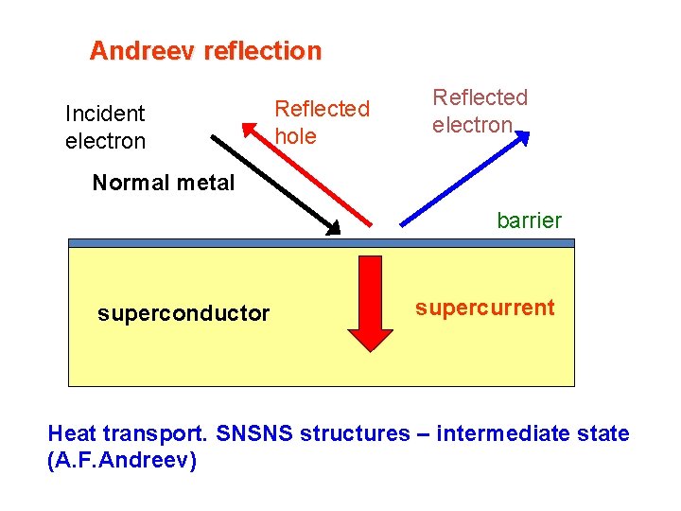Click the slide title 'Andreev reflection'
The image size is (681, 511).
205,51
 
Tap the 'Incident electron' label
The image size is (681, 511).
105,128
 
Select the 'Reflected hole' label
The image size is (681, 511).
322,123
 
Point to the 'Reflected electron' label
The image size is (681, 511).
480,112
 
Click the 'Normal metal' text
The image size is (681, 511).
164,183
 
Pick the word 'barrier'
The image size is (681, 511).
529,220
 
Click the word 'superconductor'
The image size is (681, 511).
183,313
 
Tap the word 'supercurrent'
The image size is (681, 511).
485,308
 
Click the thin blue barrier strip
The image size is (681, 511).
322,243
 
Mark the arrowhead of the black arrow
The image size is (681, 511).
332,226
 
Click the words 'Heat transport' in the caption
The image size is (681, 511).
128,434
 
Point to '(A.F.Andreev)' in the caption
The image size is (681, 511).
122,463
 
